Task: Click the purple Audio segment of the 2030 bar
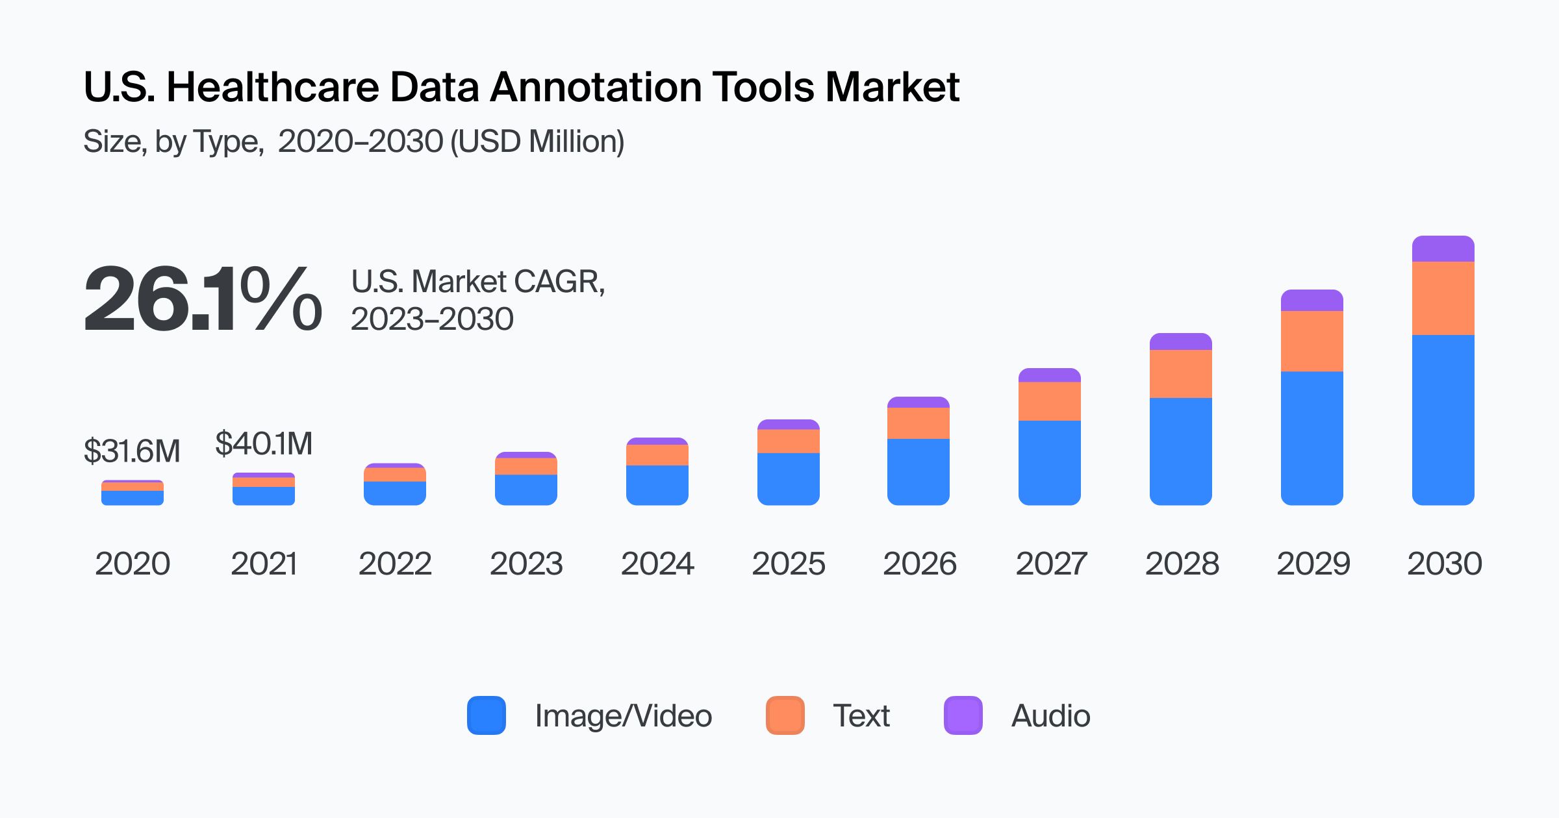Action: coord(1443,249)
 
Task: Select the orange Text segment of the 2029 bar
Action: coord(1312,341)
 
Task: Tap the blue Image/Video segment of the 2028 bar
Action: coord(1180,451)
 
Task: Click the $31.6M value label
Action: coord(132,451)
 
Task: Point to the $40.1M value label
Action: coord(264,443)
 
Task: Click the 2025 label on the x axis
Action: coord(788,563)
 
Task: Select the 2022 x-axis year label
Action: coord(395,563)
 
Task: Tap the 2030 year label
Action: coord(1444,563)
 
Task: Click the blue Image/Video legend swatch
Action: coord(486,715)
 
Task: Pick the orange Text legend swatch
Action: coord(785,715)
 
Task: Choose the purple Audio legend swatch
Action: coord(963,715)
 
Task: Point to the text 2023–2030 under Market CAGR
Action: coord(432,319)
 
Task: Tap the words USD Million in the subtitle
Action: coord(537,142)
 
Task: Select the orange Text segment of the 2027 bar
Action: coord(1049,401)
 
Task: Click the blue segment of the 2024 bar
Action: coord(657,484)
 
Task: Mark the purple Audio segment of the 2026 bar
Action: coord(918,403)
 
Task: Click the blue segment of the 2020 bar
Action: coord(133,497)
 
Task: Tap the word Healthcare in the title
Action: coord(273,87)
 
